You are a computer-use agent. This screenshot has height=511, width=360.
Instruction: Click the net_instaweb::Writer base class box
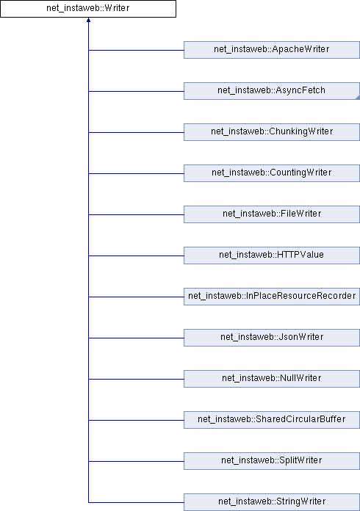point(88,9)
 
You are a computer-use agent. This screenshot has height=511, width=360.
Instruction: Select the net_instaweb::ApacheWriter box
point(272,50)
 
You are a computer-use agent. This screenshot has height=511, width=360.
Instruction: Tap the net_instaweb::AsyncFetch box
point(272,91)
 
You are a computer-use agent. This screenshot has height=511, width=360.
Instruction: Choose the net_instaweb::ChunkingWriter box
point(272,132)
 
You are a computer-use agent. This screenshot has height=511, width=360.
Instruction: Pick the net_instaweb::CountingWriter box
point(272,173)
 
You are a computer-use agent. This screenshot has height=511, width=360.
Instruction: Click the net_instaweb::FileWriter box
point(272,214)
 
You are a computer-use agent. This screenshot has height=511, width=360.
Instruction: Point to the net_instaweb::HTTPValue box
point(272,255)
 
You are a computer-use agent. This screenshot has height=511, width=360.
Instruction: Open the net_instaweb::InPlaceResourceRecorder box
point(272,296)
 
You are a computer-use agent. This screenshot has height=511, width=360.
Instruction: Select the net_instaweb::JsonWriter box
point(272,337)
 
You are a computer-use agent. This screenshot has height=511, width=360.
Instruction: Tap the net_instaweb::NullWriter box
point(272,378)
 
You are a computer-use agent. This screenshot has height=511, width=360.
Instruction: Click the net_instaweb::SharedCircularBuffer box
point(272,419)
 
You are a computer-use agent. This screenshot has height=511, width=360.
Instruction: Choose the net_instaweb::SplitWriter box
point(272,460)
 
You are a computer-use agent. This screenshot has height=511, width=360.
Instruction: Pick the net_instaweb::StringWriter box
point(272,502)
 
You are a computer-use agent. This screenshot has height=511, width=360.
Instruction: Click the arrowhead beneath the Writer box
point(88,21)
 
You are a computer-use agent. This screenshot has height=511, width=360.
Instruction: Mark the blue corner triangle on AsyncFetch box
point(358,98)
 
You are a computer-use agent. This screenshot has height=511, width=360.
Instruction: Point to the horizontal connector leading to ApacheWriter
point(136,50)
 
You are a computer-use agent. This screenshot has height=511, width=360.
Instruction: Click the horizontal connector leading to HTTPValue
point(136,255)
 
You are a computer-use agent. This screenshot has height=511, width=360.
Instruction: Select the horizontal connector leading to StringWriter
point(136,502)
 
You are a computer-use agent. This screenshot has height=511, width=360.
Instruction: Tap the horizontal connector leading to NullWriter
point(136,379)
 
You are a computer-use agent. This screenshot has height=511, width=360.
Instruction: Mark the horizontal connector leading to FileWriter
point(136,215)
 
